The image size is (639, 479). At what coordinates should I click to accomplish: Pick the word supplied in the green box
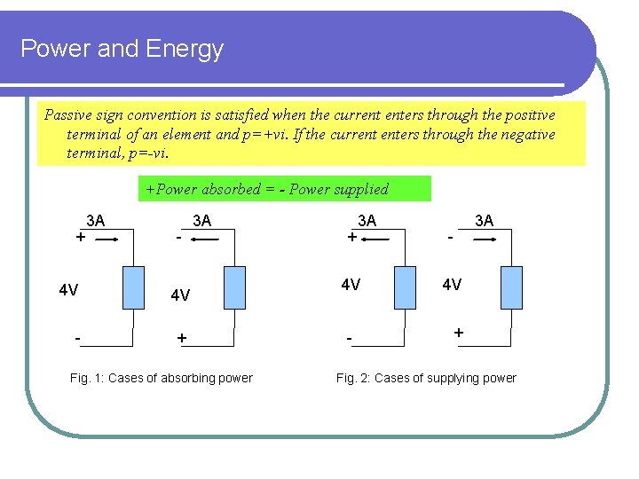click(x=359, y=189)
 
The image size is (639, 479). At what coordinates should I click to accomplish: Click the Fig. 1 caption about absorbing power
click(x=161, y=378)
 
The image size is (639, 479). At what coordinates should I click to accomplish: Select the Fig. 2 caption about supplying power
click(x=426, y=378)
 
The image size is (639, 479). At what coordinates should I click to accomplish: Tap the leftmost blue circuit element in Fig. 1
click(x=132, y=287)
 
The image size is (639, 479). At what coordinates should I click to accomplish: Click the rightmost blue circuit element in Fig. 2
click(x=512, y=287)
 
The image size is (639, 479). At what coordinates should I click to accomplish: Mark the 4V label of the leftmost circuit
click(x=68, y=290)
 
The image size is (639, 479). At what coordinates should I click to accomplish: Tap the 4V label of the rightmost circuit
click(x=452, y=285)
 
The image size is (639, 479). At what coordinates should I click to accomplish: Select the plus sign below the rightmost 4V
click(x=458, y=332)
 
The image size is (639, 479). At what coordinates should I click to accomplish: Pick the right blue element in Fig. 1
click(x=234, y=287)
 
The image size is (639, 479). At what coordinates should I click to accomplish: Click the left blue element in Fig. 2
click(x=406, y=287)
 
